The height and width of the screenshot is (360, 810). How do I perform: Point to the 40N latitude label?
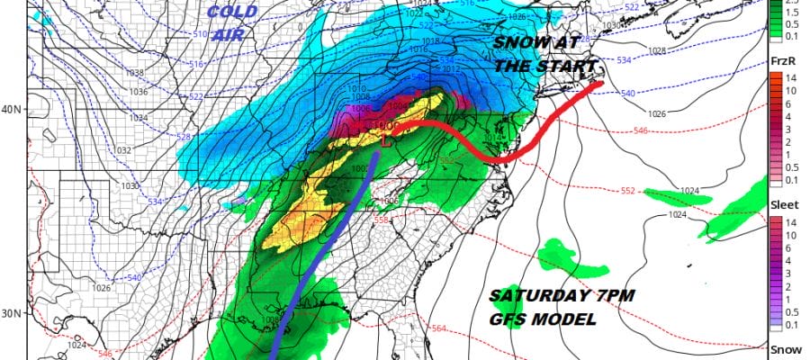point(13,110)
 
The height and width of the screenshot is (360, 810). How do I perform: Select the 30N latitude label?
point(13,313)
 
